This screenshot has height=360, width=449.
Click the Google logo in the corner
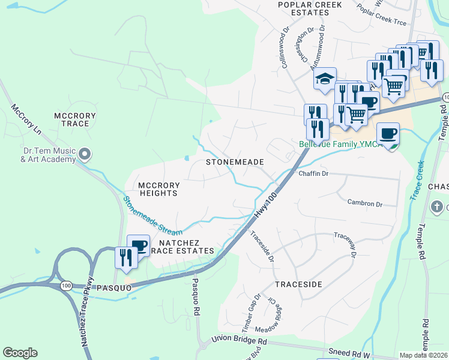point(20,353)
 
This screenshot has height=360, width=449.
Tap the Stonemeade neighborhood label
point(235,162)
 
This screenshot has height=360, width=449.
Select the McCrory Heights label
point(158,188)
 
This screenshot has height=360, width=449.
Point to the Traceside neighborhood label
point(299,283)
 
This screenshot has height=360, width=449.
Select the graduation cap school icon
point(324,79)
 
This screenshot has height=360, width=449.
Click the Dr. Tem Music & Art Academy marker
point(85,155)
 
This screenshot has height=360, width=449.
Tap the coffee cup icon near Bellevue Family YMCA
point(388,133)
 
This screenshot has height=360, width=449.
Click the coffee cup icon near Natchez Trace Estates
point(139,245)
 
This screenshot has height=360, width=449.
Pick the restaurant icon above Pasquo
point(125,257)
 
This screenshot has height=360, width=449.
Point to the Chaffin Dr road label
point(313,173)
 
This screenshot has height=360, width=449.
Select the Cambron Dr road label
point(364,204)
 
